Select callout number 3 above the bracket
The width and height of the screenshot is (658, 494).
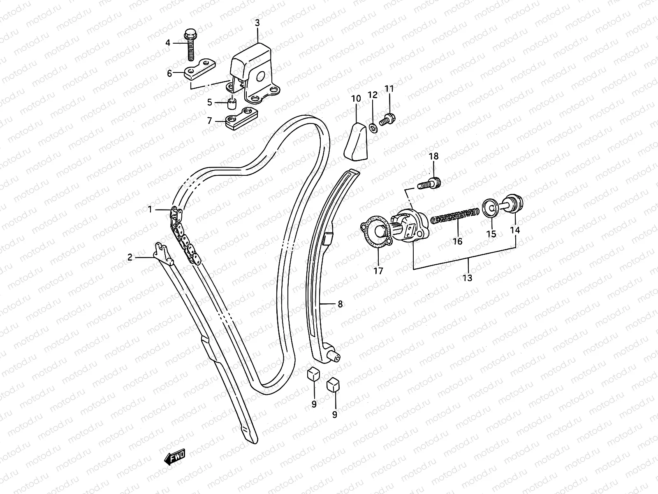click(257, 23)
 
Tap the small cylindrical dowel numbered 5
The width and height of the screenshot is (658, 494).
click(233, 103)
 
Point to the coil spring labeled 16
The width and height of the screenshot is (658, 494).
click(455, 216)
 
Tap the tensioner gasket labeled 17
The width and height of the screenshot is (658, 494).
click(375, 235)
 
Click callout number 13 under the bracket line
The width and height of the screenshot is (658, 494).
click(467, 278)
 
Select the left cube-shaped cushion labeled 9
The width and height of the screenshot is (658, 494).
click(313, 374)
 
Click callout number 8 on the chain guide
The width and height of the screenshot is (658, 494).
click(340, 304)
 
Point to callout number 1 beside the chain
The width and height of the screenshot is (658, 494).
click(150, 210)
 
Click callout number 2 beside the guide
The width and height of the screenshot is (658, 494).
click(130, 257)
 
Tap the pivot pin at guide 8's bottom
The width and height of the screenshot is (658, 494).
click(334, 357)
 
